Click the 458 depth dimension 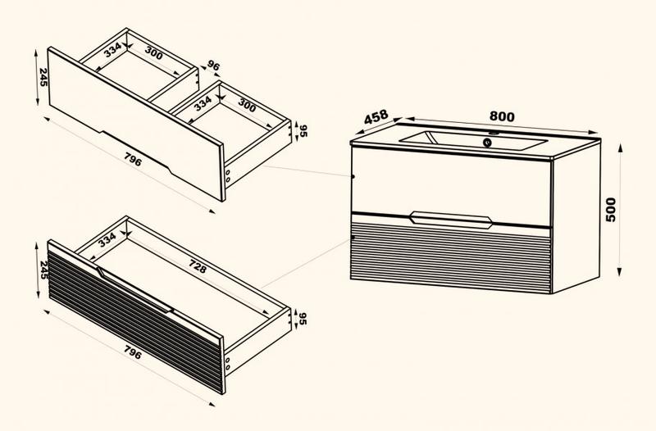point(376,117)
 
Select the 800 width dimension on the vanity point(502,116)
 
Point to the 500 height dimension point(610,210)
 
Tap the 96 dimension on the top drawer point(213,66)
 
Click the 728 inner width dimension point(198,266)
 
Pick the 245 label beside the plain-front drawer point(43,77)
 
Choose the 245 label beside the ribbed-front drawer point(43,270)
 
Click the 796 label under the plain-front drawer point(133,159)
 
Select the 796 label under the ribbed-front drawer point(133,352)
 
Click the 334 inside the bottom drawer point(107,239)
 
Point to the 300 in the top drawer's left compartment point(154,52)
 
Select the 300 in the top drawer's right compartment point(247,105)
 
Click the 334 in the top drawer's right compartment point(203,103)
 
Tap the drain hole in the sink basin point(487,143)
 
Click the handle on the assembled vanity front point(450,220)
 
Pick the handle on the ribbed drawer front point(134,290)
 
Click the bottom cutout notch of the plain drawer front point(135,152)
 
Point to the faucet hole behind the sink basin point(494,134)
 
